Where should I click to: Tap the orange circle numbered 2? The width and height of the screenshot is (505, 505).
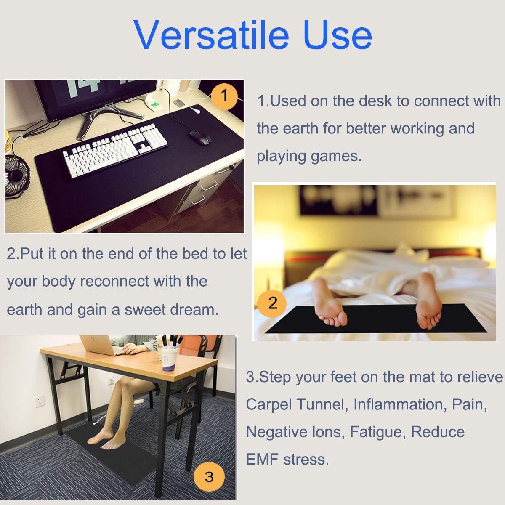273,303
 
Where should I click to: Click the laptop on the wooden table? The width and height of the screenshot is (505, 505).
99,345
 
